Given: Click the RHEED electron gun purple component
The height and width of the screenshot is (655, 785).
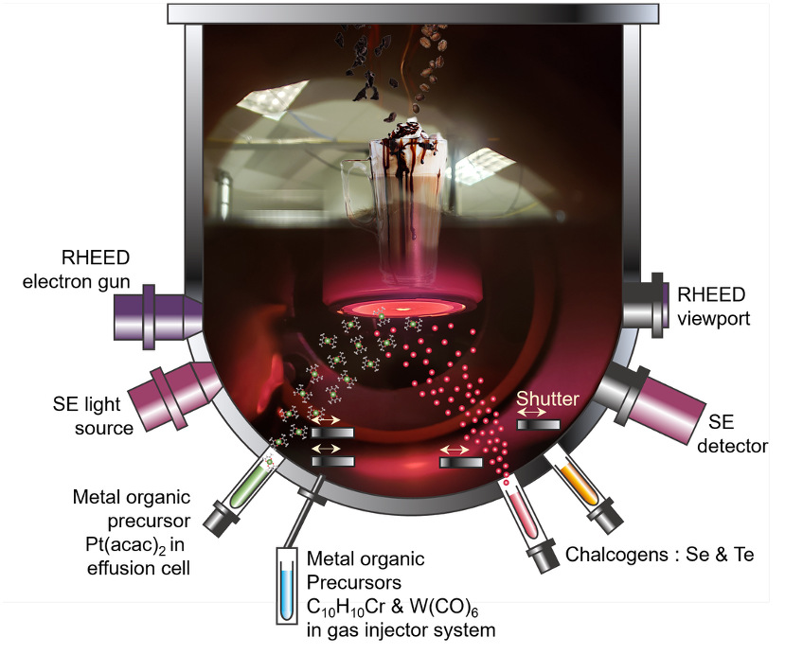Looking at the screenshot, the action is [158, 317].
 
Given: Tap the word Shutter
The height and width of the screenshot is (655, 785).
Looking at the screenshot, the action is [547, 398].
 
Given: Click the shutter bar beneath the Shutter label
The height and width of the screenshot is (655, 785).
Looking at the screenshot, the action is [538, 425].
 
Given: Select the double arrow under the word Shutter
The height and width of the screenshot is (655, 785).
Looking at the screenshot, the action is [531, 412].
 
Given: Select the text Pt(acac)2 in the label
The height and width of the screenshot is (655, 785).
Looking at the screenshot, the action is [126, 544].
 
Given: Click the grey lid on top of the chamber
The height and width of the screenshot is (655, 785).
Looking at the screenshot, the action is [413, 13].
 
